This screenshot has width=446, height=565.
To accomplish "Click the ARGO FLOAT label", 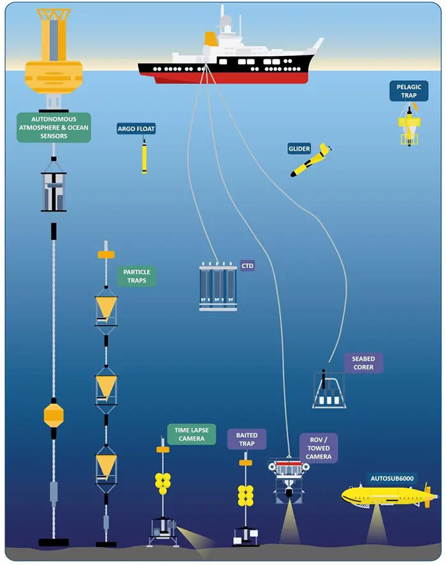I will [136, 129].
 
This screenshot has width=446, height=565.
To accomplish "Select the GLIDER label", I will [299, 149].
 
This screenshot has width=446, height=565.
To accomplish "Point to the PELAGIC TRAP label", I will [408, 91].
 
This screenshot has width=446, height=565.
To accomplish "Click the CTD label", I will [247, 265].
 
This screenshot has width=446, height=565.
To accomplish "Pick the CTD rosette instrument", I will [217, 287].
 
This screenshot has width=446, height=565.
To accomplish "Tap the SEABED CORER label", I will [363, 363].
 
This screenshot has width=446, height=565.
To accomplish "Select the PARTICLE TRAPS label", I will [136, 276].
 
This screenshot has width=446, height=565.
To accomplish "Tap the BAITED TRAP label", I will [247, 439].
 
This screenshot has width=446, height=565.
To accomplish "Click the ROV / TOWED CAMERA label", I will [318, 448].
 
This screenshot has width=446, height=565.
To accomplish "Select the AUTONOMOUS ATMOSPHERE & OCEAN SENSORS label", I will [54, 127].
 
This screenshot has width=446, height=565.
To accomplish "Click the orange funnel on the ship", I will [210, 39].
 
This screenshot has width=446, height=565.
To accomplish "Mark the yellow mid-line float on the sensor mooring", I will [54, 415].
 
